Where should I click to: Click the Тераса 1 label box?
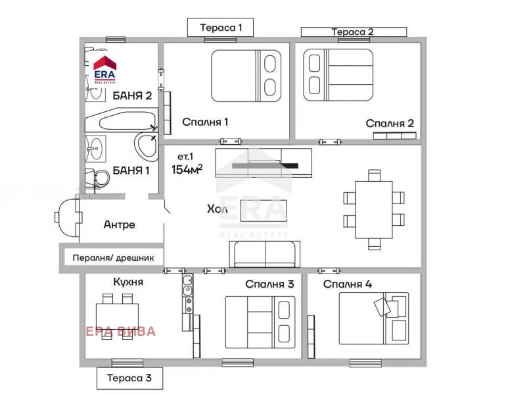point(219,28)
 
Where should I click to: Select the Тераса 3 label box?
point(129,378)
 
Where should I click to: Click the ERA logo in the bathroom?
point(104,67)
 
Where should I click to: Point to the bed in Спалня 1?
point(245,76)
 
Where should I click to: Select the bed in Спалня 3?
point(260,321)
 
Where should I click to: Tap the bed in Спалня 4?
point(373,318)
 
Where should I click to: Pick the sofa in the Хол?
point(264,253)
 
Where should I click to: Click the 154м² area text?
point(187,169)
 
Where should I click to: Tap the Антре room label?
point(120,224)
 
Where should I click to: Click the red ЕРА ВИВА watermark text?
point(121,331)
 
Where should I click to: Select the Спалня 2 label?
point(390,123)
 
